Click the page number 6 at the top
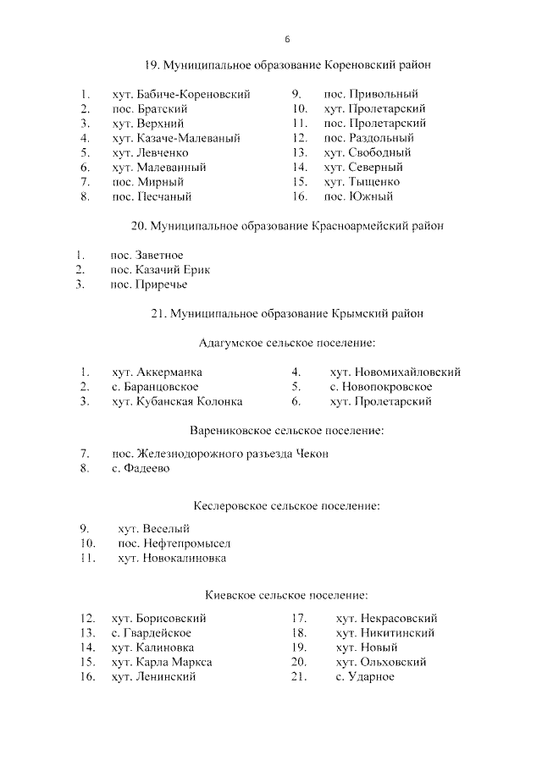[x=288, y=40]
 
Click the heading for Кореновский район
[x=287, y=65]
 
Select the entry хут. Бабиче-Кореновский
[x=180, y=95]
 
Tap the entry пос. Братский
[x=148, y=109]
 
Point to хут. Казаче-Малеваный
[x=176, y=138]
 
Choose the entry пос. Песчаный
[x=152, y=196]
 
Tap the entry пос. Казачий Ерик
[x=160, y=270]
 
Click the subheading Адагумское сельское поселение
[x=286, y=343]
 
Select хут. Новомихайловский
[x=395, y=372]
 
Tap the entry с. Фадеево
[x=141, y=468]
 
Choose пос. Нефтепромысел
[x=174, y=543]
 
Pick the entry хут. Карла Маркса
[x=162, y=662]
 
